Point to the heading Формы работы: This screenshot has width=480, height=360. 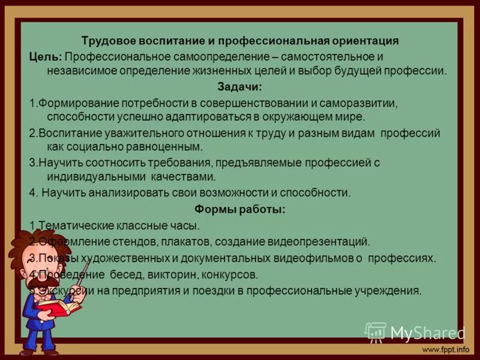[x=239, y=209]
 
